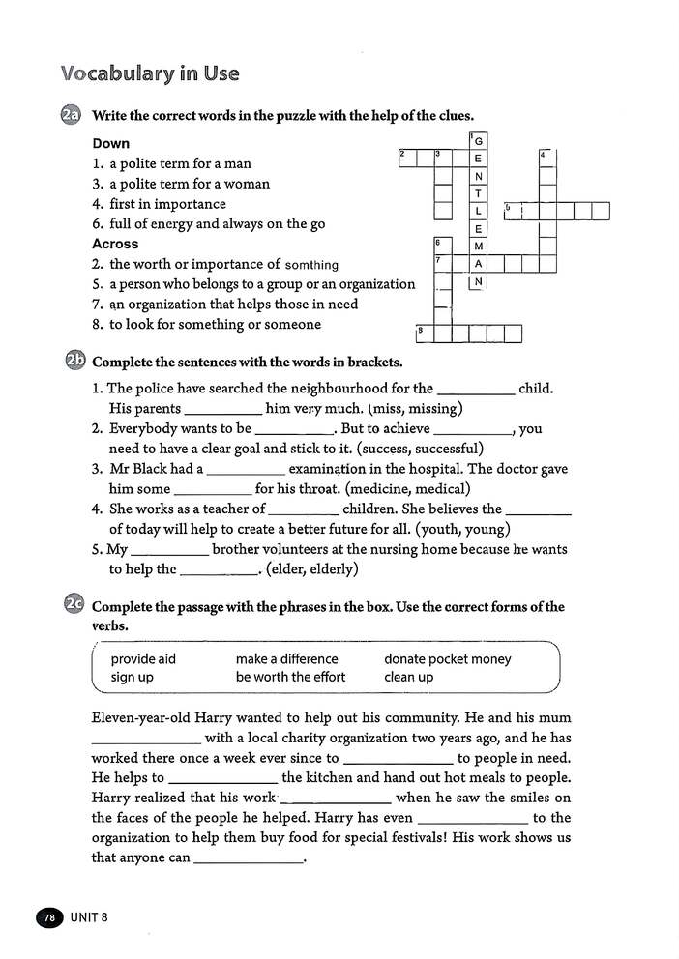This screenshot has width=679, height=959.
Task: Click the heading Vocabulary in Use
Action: coord(150,74)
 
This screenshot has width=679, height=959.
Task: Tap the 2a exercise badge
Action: coord(72,116)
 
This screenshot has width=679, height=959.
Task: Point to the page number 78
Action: coord(48,916)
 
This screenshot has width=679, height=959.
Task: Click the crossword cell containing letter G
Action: coord(478,141)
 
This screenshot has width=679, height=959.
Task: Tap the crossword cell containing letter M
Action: coord(478,246)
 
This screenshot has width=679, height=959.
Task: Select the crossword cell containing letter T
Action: coord(478,193)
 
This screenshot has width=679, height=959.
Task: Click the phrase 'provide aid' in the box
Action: coord(143,659)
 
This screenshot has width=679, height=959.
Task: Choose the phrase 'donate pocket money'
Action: coord(448,659)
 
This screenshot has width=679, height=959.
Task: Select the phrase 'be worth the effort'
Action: coord(290,677)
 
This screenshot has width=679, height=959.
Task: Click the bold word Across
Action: coord(115,244)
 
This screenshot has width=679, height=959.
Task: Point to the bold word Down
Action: coord(110,143)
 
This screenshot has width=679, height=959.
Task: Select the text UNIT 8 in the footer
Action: coord(89,916)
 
